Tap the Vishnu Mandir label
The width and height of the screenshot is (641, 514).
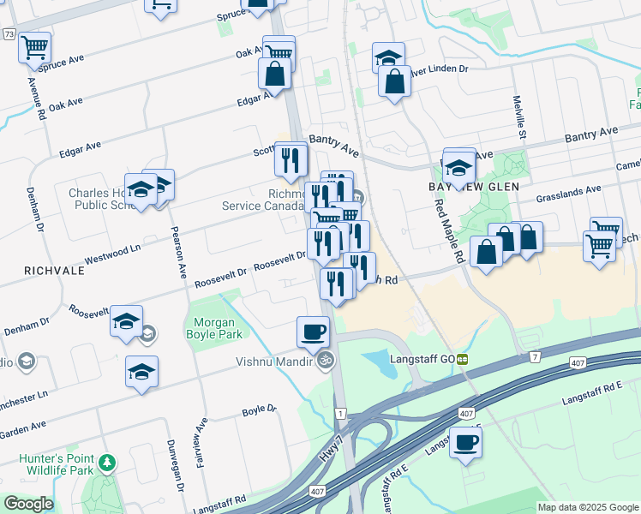273,361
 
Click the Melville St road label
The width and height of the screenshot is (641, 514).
521,117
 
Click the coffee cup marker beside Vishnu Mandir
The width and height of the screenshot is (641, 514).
313,331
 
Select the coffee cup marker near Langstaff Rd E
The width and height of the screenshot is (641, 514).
465,442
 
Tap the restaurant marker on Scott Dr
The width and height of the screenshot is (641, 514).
291,158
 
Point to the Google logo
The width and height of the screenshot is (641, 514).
28,504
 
